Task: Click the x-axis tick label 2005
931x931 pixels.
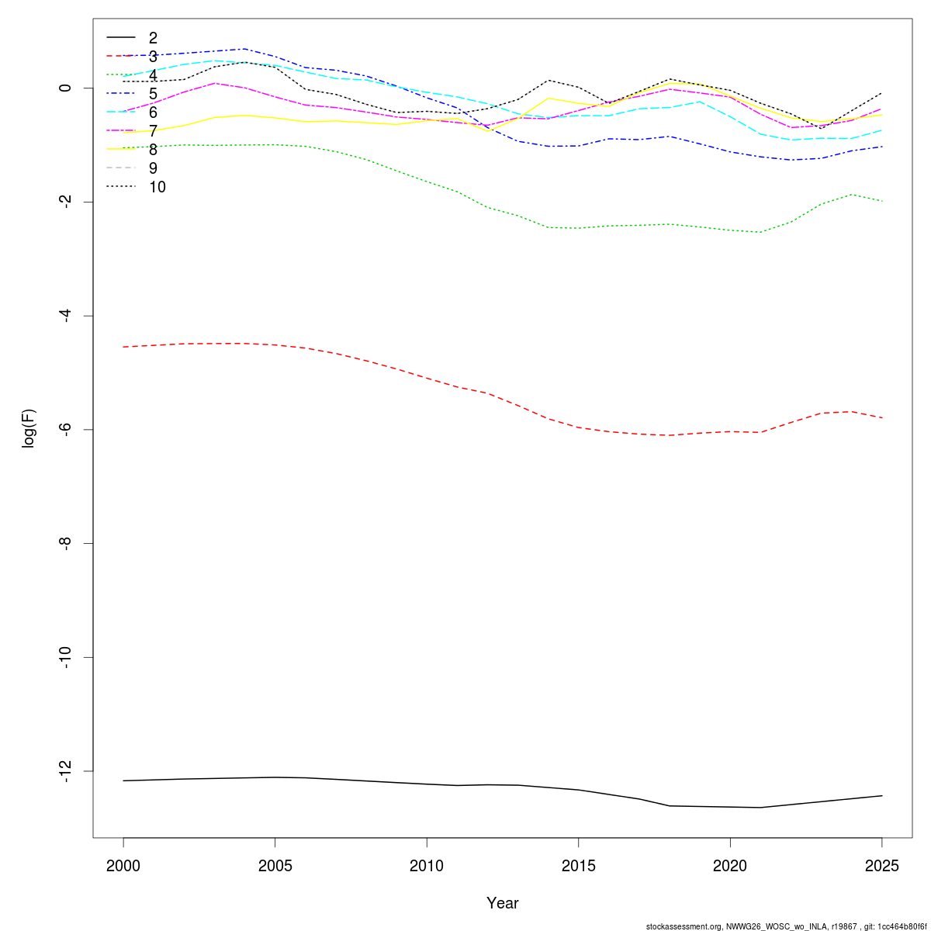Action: pos(275,865)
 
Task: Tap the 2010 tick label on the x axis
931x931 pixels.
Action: pos(427,865)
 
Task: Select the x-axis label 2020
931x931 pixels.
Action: pos(730,865)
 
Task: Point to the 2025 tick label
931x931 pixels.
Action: pos(881,865)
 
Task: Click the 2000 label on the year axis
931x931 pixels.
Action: pos(123,865)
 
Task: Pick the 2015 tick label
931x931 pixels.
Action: pos(578,865)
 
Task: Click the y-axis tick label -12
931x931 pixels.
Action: pos(65,771)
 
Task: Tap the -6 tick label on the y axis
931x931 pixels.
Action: pos(65,430)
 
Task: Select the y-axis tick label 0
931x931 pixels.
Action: pos(65,88)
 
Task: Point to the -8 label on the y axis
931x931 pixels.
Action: pos(65,544)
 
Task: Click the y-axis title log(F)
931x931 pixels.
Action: pos(29,428)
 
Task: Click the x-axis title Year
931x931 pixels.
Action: pos(503,903)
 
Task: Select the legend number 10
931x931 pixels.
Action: pos(157,187)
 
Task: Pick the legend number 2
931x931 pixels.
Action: pos(153,38)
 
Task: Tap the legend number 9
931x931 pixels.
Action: pos(153,168)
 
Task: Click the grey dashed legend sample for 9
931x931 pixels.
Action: pos(121,168)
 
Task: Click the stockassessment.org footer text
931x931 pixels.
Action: pos(786,926)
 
